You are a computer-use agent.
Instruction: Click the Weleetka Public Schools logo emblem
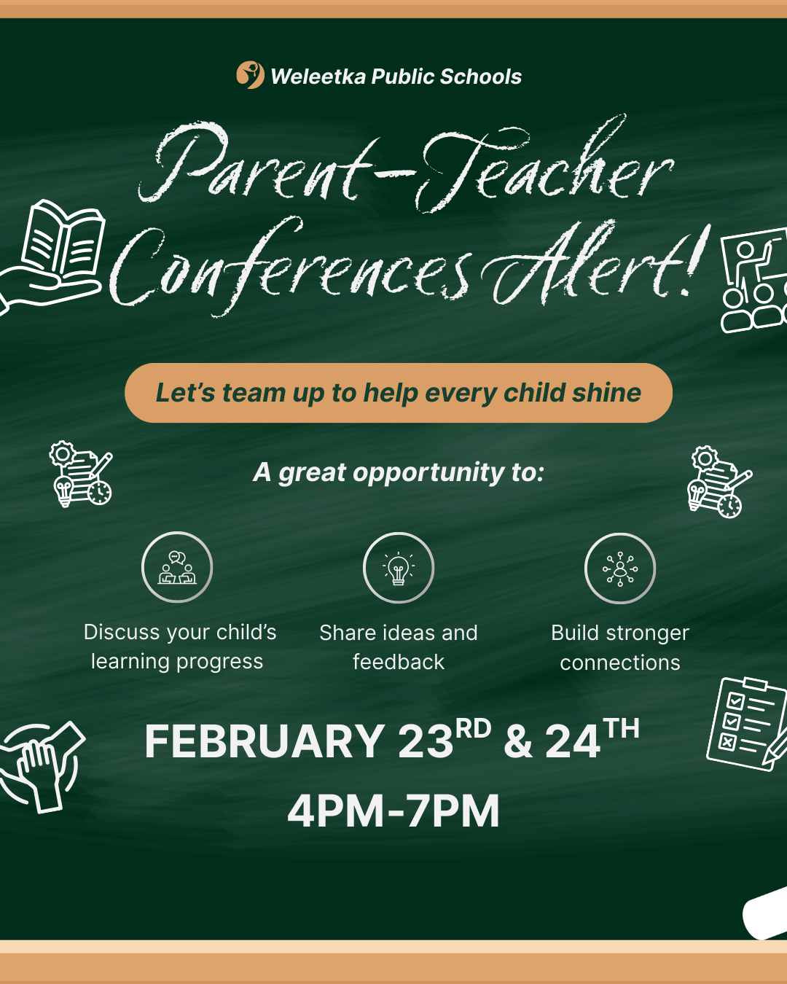point(250,75)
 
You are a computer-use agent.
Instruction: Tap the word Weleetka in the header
point(318,77)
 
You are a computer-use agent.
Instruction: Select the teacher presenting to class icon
point(754,280)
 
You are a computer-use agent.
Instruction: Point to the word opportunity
point(428,473)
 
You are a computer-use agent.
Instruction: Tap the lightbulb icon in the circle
point(399,568)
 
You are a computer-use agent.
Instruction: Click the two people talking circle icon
point(177,567)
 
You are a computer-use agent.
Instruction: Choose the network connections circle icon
point(620,569)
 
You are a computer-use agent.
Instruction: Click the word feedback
point(399,662)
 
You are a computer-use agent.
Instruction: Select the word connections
point(620,663)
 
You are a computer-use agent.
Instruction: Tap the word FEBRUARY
point(265,741)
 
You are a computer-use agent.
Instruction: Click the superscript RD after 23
point(474,728)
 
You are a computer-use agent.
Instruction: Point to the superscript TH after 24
point(621,728)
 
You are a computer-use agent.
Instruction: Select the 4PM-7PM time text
point(393,811)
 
